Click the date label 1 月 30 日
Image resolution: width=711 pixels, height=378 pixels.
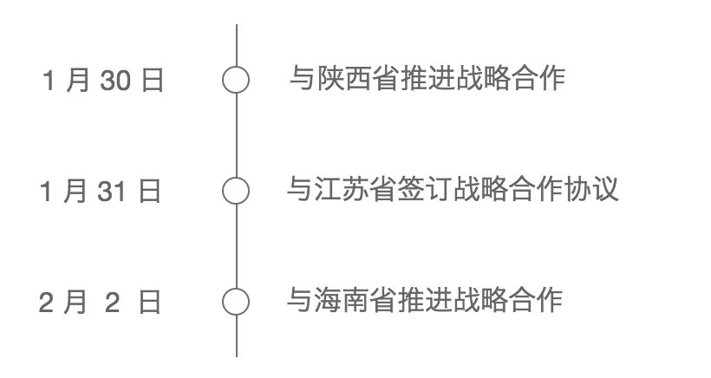(103, 81)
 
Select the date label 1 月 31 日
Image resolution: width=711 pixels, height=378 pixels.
(101, 191)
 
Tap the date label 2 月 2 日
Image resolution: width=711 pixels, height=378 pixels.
(101, 303)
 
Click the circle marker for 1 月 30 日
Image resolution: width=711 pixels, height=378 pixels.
(236, 80)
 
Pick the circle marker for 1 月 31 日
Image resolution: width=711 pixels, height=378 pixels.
(236, 190)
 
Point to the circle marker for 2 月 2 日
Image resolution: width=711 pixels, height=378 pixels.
(236, 302)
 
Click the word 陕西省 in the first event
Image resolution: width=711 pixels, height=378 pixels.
(345, 80)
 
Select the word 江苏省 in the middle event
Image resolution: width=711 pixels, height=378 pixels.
(342, 190)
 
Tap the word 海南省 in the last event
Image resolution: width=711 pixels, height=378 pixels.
(342, 301)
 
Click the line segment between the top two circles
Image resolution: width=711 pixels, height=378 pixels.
(236, 134)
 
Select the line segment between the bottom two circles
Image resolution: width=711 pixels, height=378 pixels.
(236, 245)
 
